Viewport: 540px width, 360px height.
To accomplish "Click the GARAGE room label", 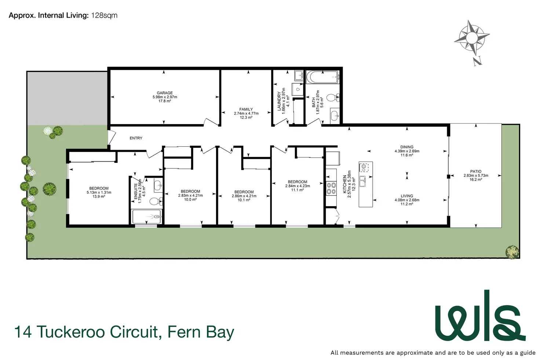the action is (x=165, y=93).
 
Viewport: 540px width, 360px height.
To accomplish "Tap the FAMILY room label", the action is (x=246, y=109).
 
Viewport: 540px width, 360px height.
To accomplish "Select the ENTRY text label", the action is (x=136, y=138).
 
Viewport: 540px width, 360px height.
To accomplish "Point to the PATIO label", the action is (x=476, y=171).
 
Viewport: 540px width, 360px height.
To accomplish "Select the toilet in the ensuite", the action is (x=156, y=201).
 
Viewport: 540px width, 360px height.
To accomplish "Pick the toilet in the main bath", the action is (x=333, y=98).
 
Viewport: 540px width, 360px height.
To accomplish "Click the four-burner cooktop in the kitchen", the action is (x=331, y=189).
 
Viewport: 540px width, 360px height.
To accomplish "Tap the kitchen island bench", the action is (x=366, y=184).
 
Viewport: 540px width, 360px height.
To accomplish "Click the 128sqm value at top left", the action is (x=105, y=15).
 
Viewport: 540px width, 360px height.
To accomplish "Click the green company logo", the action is (x=480, y=316).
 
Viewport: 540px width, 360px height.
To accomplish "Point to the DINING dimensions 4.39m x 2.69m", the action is (x=407, y=151).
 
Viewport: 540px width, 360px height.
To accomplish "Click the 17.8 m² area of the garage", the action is (x=165, y=101).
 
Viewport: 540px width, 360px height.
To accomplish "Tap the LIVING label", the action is (x=407, y=196).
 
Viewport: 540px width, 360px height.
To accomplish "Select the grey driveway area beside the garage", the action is (x=67, y=98).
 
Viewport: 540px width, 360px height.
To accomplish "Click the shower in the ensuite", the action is (x=147, y=217).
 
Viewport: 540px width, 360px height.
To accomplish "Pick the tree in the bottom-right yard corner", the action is (x=512, y=252).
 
